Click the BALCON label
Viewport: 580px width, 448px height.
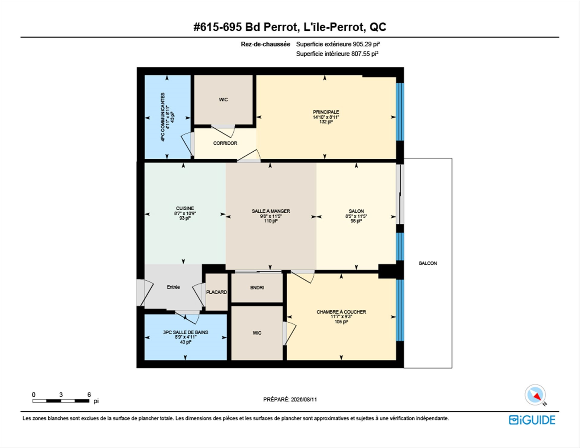428,263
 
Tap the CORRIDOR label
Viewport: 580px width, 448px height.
225,143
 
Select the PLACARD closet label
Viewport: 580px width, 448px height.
217,292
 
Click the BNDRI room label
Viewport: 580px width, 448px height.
257,288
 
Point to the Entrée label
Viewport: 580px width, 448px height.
173,287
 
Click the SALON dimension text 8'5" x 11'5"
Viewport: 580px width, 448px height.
356,216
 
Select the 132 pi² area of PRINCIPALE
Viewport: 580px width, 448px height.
326,122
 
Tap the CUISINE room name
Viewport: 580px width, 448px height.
185,208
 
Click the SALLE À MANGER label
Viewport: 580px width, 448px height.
271,211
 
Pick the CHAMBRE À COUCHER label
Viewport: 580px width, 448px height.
341,312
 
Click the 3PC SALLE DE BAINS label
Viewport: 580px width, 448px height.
185,332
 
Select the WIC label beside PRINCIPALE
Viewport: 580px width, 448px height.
224,100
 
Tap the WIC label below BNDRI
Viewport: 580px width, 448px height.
257,333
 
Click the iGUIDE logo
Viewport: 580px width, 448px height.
532,420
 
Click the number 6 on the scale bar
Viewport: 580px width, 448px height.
89,395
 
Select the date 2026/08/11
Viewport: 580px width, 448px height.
304,399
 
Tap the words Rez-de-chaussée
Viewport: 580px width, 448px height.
266,44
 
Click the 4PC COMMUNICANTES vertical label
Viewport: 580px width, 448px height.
163,117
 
